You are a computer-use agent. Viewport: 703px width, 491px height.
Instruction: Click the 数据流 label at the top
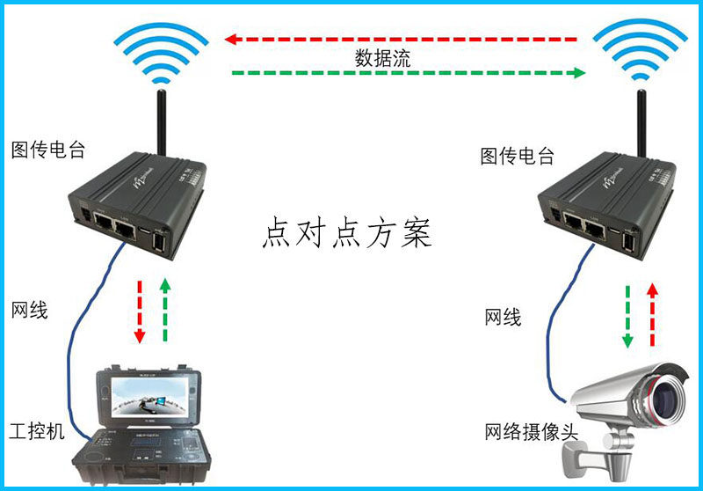coord(382,58)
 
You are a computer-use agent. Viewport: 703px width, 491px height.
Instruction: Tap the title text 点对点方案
coord(347,232)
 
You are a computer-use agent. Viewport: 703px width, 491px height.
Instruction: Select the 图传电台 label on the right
coord(518,157)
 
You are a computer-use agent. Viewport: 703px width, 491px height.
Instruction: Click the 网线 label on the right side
coord(503,317)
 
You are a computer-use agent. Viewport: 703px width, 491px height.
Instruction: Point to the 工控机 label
coord(36,432)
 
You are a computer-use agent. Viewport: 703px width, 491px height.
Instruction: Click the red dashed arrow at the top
coord(400,39)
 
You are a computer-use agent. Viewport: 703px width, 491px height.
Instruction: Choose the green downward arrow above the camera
coord(628,316)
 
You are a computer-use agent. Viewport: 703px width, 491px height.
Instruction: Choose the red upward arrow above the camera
coord(651,314)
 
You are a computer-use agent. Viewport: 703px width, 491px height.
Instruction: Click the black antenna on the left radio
coord(162,123)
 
